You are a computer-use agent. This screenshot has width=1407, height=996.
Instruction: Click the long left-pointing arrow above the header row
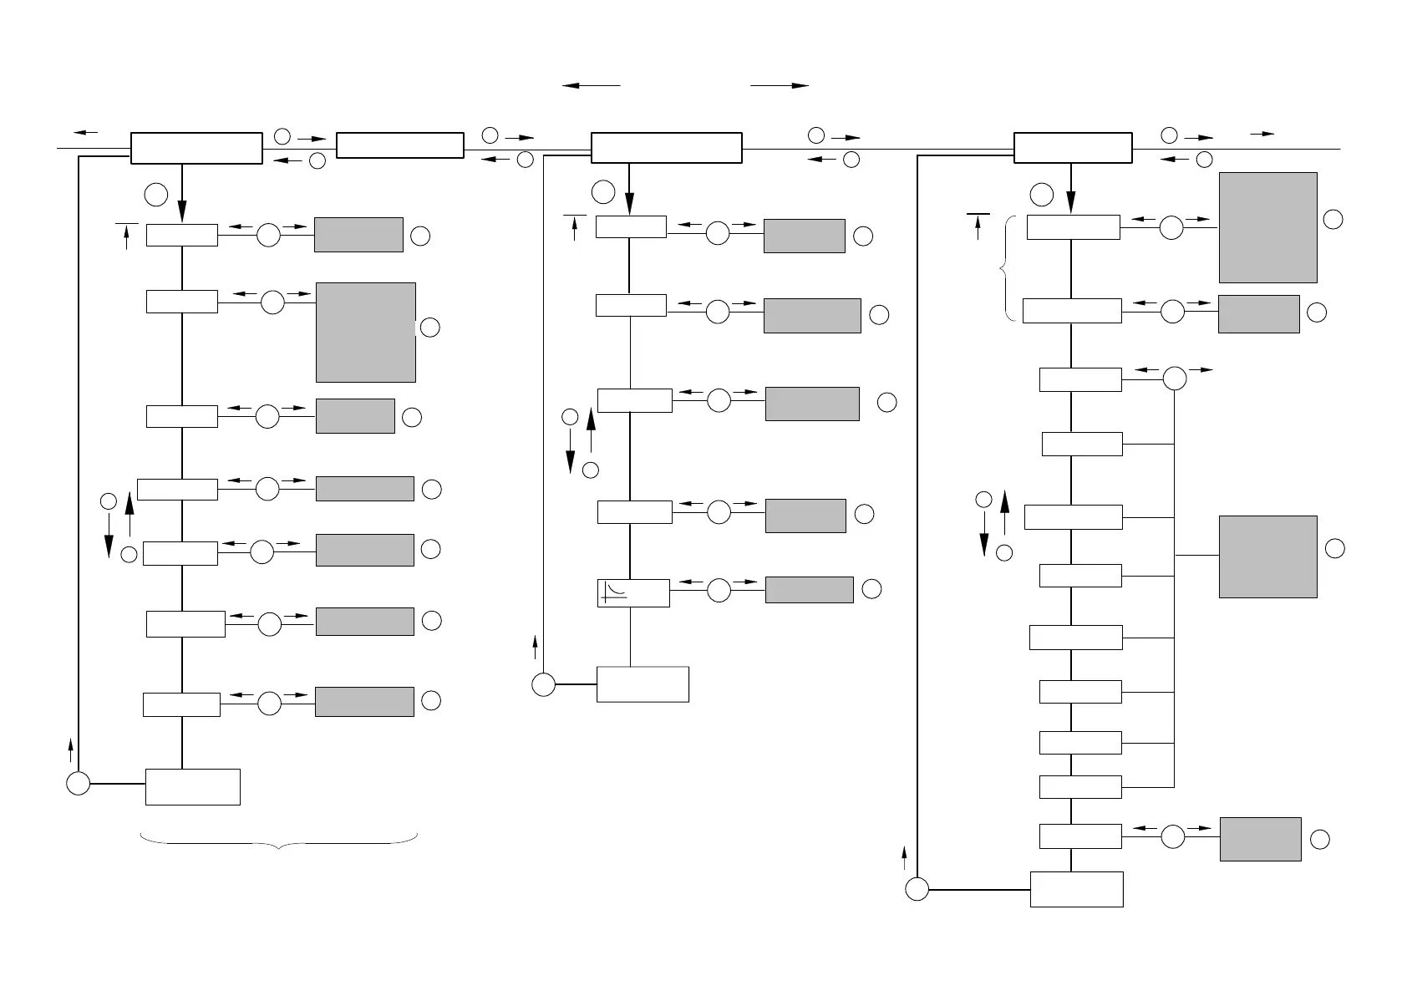(592, 85)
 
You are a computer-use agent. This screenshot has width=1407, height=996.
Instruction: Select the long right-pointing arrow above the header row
(780, 85)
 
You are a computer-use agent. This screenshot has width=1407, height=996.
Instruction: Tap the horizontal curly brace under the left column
(279, 841)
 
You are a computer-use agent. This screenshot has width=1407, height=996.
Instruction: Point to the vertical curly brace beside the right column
(1008, 268)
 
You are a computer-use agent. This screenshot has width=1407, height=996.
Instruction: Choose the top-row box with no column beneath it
(399, 145)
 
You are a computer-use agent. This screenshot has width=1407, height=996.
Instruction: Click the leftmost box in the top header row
(196, 148)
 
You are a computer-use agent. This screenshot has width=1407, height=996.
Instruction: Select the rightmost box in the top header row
(1073, 148)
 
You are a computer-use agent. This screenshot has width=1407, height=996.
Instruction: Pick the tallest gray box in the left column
(366, 332)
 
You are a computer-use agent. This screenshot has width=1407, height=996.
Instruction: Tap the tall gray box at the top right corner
(1267, 227)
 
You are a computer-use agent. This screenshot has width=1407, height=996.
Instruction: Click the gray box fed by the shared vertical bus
(1267, 556)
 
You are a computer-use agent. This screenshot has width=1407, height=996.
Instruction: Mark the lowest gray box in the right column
(1260, 839)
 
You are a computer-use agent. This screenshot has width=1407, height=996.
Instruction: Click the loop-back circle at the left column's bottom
(78, 784)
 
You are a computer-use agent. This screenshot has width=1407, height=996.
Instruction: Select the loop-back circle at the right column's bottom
(917, 890)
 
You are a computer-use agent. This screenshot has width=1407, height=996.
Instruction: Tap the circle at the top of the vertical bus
(1174, 379)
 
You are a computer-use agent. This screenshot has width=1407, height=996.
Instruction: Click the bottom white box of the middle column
(643, 684)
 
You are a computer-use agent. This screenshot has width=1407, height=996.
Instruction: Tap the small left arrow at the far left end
(85, 132)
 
